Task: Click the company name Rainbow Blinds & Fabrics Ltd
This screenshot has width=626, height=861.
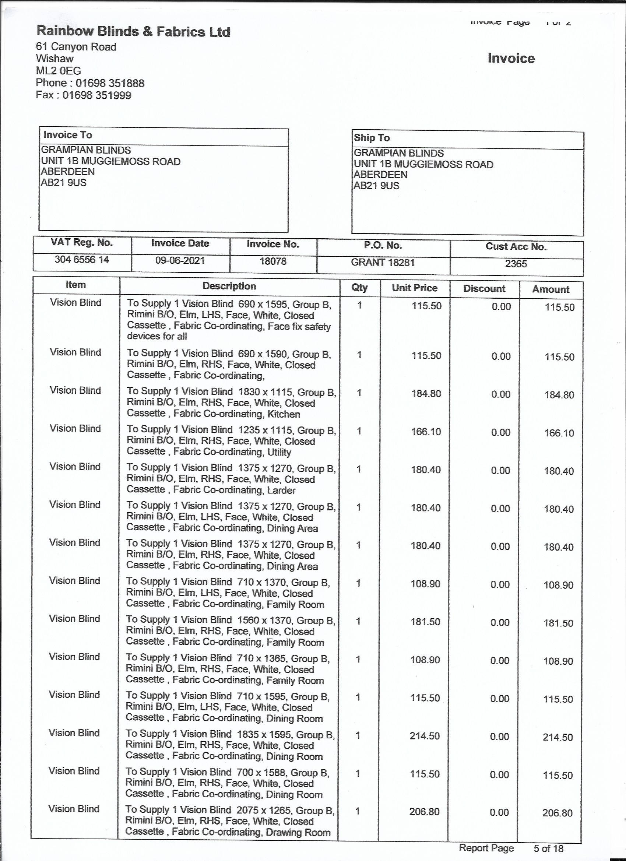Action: click(133, 32)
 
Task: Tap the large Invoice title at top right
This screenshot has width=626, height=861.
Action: click(511, 58)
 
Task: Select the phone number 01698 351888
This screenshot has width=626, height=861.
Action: click(110, 83)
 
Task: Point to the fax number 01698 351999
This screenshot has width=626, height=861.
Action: click(97, 95)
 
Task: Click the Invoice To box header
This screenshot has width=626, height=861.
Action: click(68, 135)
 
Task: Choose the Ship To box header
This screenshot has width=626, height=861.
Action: click(372, 138)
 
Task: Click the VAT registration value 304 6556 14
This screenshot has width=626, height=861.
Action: click(82, 260)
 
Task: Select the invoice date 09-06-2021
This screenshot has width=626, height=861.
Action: click(180, 260)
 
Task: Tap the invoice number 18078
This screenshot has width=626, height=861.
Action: click(273, 261)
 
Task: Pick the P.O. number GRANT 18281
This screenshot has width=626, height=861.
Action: click(383, 262)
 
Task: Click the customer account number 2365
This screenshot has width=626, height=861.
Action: click(516, 264)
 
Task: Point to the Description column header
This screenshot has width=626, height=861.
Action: click(229, 286)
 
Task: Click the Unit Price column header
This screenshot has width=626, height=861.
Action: click(415, 288)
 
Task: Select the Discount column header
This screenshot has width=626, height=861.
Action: click(484, 288)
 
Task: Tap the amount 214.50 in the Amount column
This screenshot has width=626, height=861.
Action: click(558, 738)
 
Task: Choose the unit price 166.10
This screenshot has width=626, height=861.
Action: click(426, 432)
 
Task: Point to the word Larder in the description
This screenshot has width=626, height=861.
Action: click(281, 490)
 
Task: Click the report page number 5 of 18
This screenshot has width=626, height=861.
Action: click(548, 848)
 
